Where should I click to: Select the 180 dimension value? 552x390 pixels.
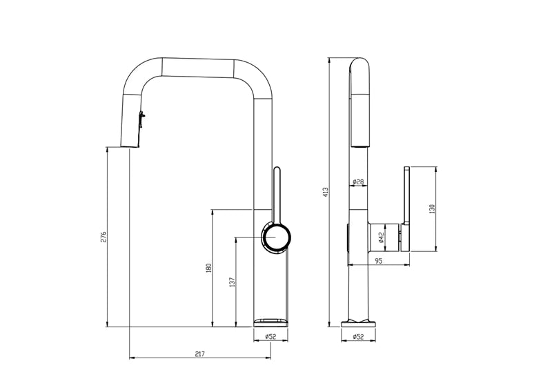208,268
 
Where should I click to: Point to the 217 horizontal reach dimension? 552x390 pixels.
199,353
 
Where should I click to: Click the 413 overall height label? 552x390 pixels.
326,191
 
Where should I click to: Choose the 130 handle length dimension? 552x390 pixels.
432,208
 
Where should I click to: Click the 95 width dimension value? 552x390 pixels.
379,260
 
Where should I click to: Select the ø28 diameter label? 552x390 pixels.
358,182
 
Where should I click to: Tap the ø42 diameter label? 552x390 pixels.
381,237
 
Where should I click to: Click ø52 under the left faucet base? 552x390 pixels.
270,337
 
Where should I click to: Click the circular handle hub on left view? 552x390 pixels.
276,237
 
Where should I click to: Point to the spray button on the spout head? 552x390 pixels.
142,119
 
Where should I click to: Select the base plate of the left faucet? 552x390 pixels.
271,322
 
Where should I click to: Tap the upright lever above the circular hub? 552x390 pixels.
277,193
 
